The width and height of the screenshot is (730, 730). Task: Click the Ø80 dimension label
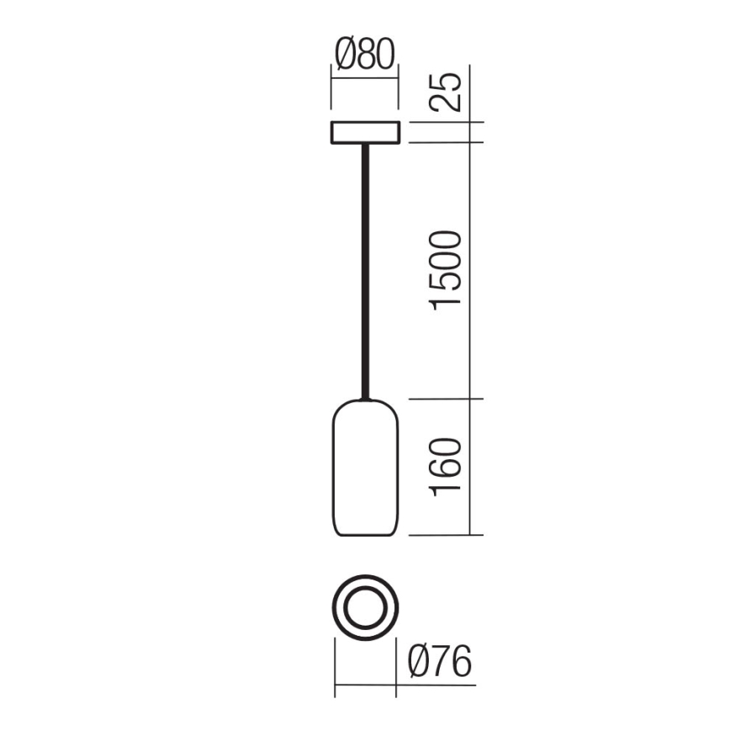[364, 56]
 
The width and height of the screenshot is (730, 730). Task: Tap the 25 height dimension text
[448, 93]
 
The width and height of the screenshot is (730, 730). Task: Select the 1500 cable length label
[448, 271]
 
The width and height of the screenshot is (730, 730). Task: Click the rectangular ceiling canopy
[365, 133]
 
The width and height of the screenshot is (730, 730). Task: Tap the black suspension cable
[365, 269]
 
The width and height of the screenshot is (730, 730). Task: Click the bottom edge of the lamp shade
[365, 535]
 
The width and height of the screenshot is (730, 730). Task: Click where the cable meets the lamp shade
[365, 398]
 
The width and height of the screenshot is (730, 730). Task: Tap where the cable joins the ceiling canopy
[365, 145]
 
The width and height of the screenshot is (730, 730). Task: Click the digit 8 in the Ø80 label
[367, 56]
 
